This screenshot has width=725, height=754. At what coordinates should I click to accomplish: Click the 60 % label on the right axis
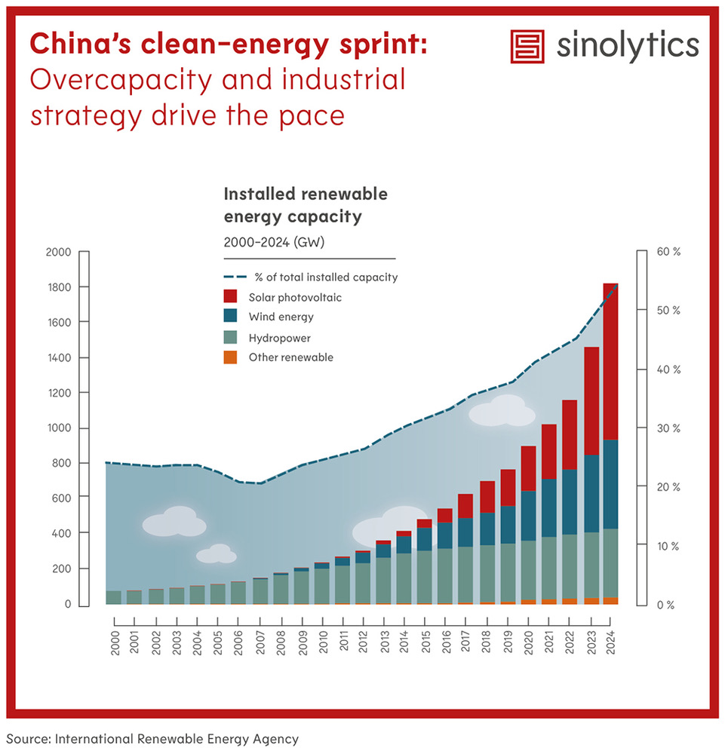coord(668,252)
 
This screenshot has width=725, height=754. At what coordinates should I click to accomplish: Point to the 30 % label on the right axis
coord(668,428)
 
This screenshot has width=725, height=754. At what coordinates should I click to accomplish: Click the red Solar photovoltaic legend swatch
coord(231,297)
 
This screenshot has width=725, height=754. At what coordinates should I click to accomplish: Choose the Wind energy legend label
coord(281,317)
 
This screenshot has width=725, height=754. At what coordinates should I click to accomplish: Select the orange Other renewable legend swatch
coord(231,357)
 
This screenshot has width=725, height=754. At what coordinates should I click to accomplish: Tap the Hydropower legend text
coord(279,339)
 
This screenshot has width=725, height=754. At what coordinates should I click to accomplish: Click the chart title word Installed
coord(260,195)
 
